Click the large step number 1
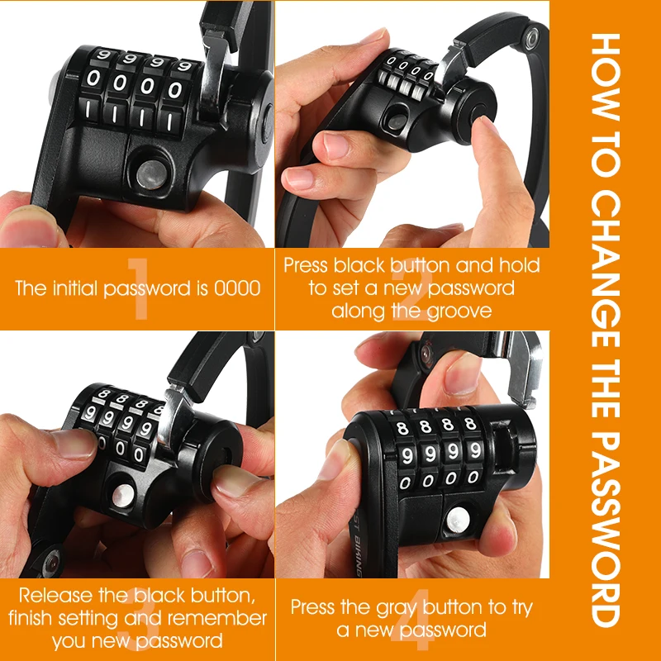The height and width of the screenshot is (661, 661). point(138,289)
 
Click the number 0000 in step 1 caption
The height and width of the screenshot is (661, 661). point(237,289)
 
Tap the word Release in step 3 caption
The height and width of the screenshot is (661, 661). point(54,595)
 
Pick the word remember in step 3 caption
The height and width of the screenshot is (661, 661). point(224,618)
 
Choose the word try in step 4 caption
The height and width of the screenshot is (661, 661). point(519,607)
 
